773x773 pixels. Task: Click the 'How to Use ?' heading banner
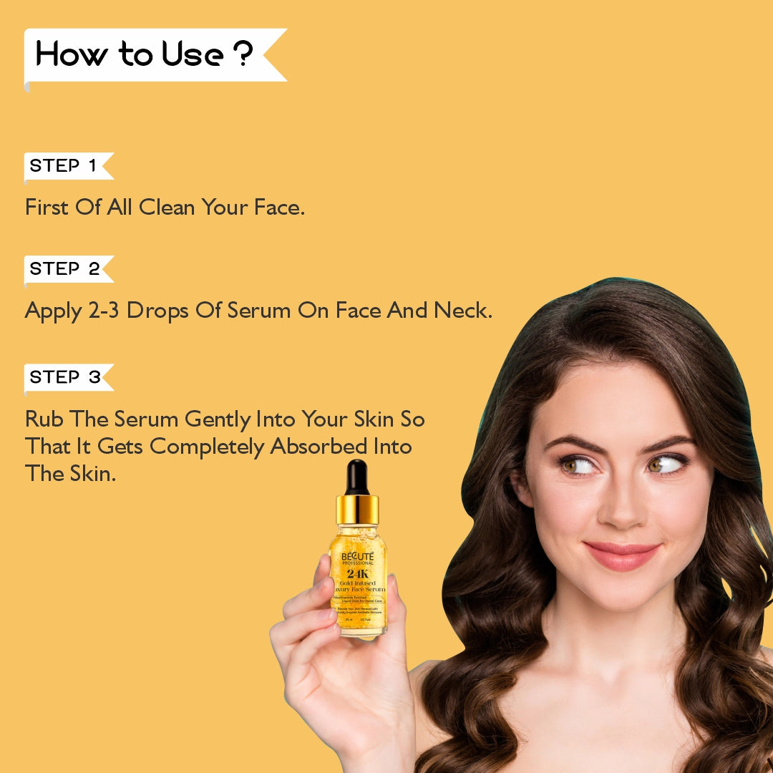point(143,55)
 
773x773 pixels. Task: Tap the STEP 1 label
point(63,166)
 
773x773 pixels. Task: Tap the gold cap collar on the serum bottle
point(357,510)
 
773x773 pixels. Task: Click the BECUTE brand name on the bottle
point(357,556)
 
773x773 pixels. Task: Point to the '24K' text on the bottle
point(357,573)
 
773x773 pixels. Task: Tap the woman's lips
point(621,555)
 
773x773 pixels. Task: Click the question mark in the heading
point(243,55)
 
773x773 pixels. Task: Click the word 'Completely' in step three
point(207,447)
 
